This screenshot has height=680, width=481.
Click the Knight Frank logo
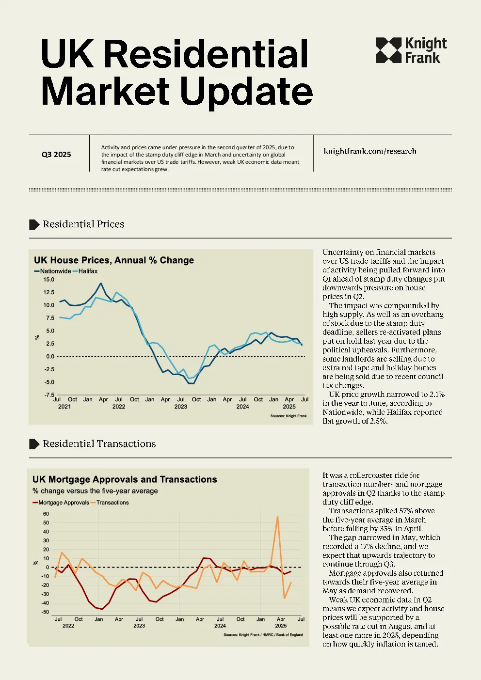point(411,50)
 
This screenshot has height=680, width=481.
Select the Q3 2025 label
point(56,155)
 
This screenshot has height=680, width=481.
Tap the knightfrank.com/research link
point(370,151)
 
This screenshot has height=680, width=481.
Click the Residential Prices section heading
point(83,224)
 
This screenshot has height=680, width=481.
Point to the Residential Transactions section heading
point(99,444)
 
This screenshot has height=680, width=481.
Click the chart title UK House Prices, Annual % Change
point(114,260)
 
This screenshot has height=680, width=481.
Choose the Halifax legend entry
point(85,271)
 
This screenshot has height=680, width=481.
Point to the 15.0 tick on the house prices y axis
point(49,279)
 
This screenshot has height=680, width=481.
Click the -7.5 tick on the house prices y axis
point(49,395)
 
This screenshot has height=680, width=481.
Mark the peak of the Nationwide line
point(101,284)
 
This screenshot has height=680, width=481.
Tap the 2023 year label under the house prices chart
point(181,407)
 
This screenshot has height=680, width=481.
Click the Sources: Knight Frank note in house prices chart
point(289,416)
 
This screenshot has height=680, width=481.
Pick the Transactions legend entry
point(110,503)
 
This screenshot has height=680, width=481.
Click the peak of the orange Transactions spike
point(277,517)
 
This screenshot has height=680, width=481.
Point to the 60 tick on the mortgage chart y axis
point(46,514)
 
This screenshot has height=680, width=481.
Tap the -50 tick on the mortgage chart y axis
point(45,612)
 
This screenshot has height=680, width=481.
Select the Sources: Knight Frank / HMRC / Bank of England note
point(263,634)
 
